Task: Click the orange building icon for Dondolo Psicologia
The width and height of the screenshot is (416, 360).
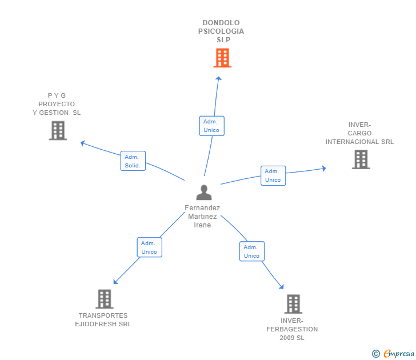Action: pyautogui.click(x=222, y=58)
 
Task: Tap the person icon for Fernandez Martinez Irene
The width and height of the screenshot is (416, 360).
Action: pyautogui.click(x=203, y=193)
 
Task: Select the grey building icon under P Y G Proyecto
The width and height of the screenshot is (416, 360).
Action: pyautogui.click(x=58, y=131)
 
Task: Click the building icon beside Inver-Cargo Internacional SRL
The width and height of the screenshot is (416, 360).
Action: pyautogui.click(x=361, y=159)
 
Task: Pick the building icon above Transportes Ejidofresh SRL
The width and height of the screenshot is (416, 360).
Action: pyautogui.click(x=104, y=299)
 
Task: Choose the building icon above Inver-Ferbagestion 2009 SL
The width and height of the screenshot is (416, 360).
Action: pyautogui.click(x=293, y=304)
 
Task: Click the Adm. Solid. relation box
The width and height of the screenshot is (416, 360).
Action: pyautogui.click(x=133, y=161)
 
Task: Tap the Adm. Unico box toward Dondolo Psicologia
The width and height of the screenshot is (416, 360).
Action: pyautogui.click(x=211, y=126)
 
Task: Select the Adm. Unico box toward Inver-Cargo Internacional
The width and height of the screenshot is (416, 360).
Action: pyautogui.click(x=273, y=175)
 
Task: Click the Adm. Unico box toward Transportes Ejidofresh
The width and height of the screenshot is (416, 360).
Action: pyautogui.click(x=149, y=247)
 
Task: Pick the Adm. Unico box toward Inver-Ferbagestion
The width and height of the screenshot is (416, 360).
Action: pyautogui.click(x=251, y=251)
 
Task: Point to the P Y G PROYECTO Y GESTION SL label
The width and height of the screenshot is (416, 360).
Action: pyautogui.click(x=57, y=104)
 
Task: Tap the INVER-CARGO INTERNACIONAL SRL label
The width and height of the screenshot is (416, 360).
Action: pyautogui.click(x=359, y=133)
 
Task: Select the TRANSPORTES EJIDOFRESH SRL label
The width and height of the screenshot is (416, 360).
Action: pyautogui.click(x=103, y=320)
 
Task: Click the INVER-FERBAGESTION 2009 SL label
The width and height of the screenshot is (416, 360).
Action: pyautogui.click(x=292, y=329)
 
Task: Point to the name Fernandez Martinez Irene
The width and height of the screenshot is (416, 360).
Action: pyautogui.click(x=202, y=217)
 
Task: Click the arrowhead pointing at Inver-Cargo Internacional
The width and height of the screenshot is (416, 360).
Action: pyautogui.click(x=323, y=168)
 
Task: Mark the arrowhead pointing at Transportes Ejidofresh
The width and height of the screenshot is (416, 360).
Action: pyautogui.click(x=116, y=281)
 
